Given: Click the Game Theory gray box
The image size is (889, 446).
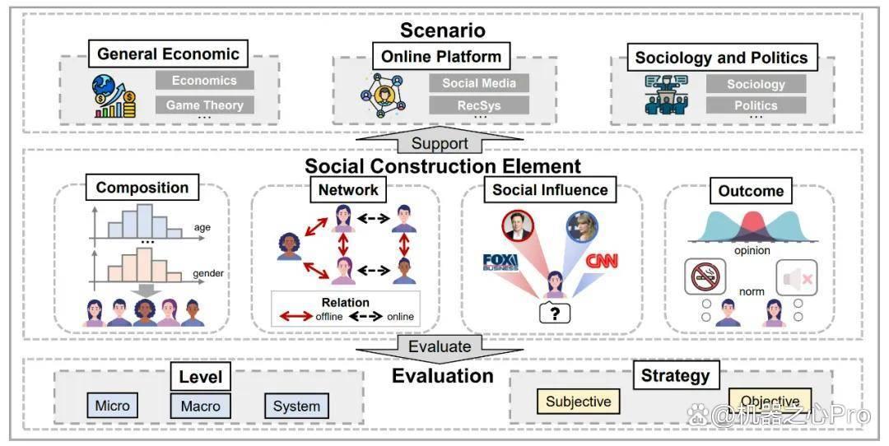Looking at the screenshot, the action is tap(205, 105).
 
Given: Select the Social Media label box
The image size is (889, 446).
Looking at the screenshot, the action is tap(479, 83).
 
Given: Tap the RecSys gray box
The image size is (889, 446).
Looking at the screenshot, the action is tap(479, 105).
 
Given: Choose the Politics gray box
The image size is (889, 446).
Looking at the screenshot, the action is tap(756, 105).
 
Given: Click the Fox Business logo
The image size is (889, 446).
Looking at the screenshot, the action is tap(500, 262).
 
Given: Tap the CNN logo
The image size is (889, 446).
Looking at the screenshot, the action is tap(602, 261).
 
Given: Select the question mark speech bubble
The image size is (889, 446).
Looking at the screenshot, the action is tap(555, 313).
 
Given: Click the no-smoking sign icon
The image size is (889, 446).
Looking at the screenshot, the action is tap(705, 277).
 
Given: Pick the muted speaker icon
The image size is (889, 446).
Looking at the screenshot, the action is tap(797, 277).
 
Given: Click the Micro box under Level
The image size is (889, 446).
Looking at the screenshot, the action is tap(112, 406).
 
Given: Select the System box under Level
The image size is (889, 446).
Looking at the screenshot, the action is tap(296, 407).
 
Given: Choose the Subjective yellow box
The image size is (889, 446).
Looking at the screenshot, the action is tap(579, 402).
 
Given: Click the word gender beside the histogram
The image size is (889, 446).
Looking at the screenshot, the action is tap(208, 273).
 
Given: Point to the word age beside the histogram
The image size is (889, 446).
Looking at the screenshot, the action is tap(202, 227).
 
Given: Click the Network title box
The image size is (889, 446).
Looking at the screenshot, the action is tap(348, 189).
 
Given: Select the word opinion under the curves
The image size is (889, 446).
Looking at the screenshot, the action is tap(752, 250).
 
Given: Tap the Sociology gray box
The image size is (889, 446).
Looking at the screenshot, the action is tap(756, 84).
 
